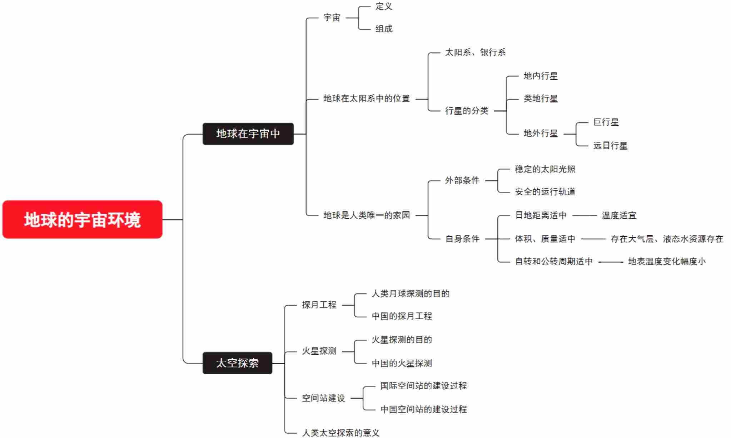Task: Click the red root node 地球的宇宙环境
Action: click(x=82, y=219)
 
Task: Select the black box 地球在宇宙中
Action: click(x=248, y=134)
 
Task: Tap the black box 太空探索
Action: click(x=237, y=363)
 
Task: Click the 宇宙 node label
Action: click(x=332, y=18)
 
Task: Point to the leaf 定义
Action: click(x=384, y=6)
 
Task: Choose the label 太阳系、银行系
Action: click(x=475, y=53)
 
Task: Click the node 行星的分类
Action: click(x=466, y=111)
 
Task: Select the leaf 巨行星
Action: click(x=606, y=122)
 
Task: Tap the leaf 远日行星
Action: click(x=610, y=146)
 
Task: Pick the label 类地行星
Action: click(x=541, y=99)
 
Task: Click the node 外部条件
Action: click(x=462, y=180)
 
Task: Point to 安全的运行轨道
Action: click(x=545, y=192)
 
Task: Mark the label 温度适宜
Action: click(x=619, y=215)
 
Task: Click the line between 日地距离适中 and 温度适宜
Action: click(x=585, y=215)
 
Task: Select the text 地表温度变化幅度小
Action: click(x=667, y=262)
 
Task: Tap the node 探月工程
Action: click(x=319, y=305)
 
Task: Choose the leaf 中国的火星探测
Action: click(x=402, y=364)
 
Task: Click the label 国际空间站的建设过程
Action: click(x=423, y=386)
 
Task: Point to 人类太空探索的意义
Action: click(x=340, y=433)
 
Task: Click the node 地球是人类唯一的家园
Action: click(x=367, y=215)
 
